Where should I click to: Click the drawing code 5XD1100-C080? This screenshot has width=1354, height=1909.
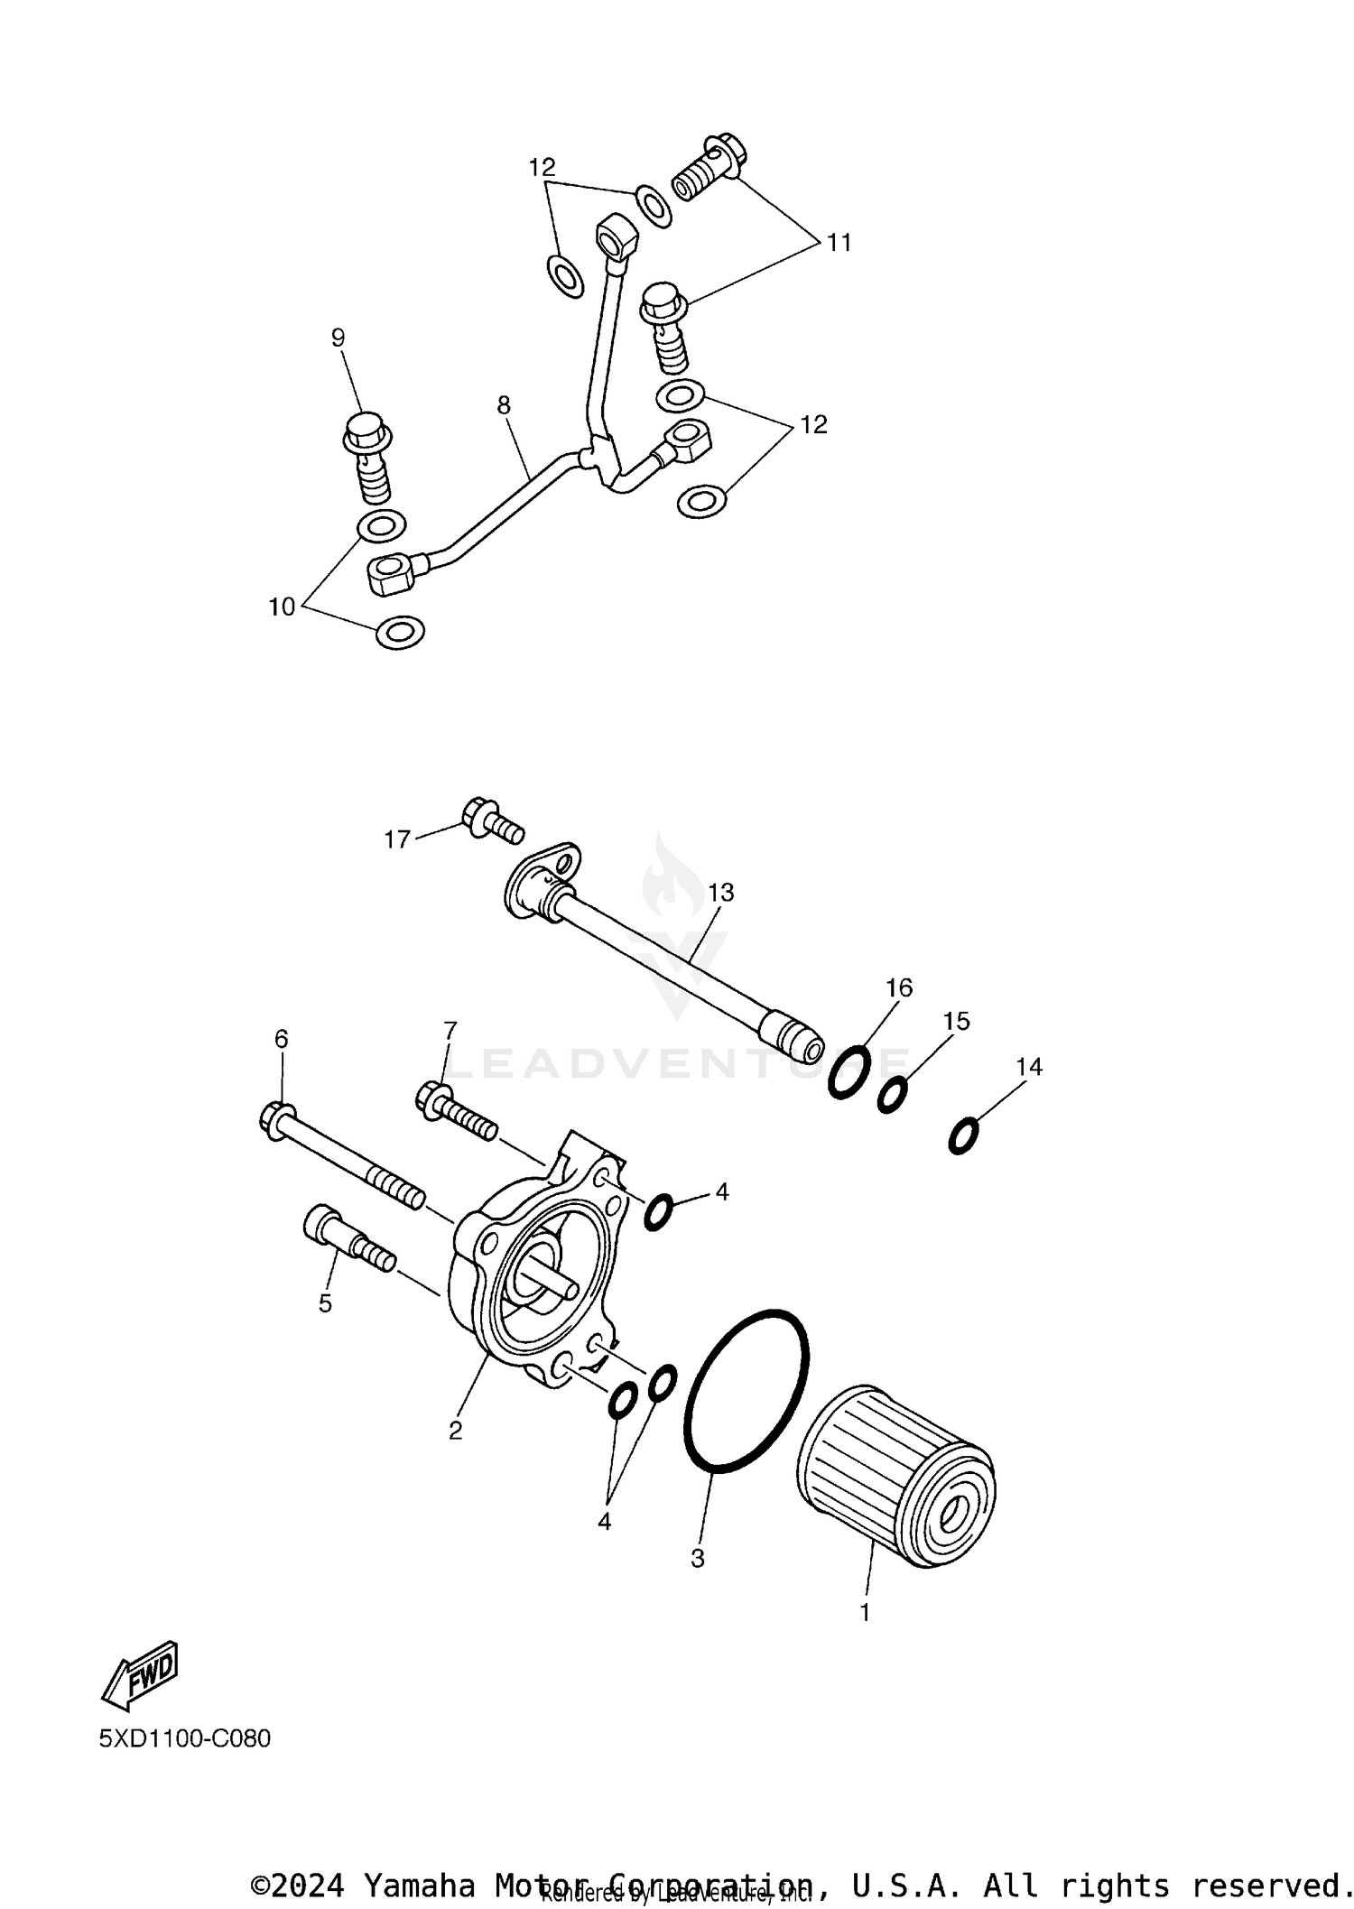click(185, 1738)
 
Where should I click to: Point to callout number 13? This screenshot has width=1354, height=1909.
click(721, 893)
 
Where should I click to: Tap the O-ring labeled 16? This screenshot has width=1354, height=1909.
click(849, 1072)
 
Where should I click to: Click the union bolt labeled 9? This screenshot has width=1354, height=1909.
click(369, 462)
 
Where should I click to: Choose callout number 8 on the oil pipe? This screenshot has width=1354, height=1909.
click(504, 405)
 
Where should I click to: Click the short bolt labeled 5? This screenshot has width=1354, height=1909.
click(348, 1237)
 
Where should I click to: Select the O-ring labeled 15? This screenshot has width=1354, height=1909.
click(893, 1095)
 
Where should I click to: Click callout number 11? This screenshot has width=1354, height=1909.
click(839, 243)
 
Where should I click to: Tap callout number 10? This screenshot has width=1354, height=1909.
click(282, 607)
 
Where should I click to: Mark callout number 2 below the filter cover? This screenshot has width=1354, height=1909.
click(455, 1430)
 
